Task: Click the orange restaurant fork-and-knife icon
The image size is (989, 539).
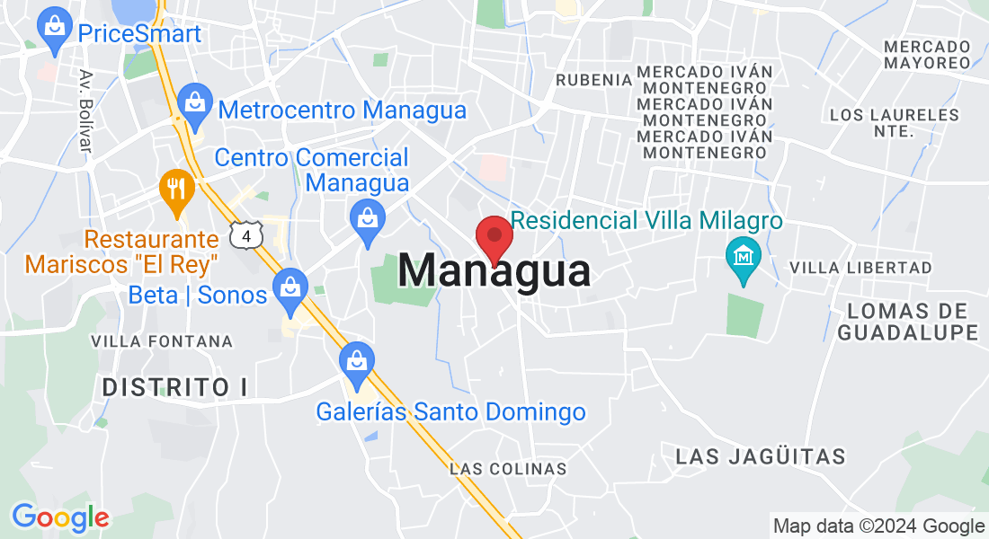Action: point(176,189)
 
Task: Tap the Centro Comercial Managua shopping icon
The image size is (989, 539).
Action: point(367,218)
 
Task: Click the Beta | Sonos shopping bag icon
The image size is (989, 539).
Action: point(290,287)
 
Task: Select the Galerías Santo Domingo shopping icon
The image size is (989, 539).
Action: point(357,361)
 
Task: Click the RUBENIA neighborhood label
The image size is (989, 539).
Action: point(593,80)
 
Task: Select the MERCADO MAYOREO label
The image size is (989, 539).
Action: point(927,55)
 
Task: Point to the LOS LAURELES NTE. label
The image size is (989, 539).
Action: point(895,123)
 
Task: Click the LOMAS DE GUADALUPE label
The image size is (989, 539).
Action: point(908,322)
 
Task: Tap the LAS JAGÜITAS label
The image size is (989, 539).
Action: point(761,456)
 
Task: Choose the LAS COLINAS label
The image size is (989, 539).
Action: point(508,469)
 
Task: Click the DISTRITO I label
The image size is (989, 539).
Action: point(174,388)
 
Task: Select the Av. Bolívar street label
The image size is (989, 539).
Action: point(86,111)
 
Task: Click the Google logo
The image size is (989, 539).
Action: point(60,517)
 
